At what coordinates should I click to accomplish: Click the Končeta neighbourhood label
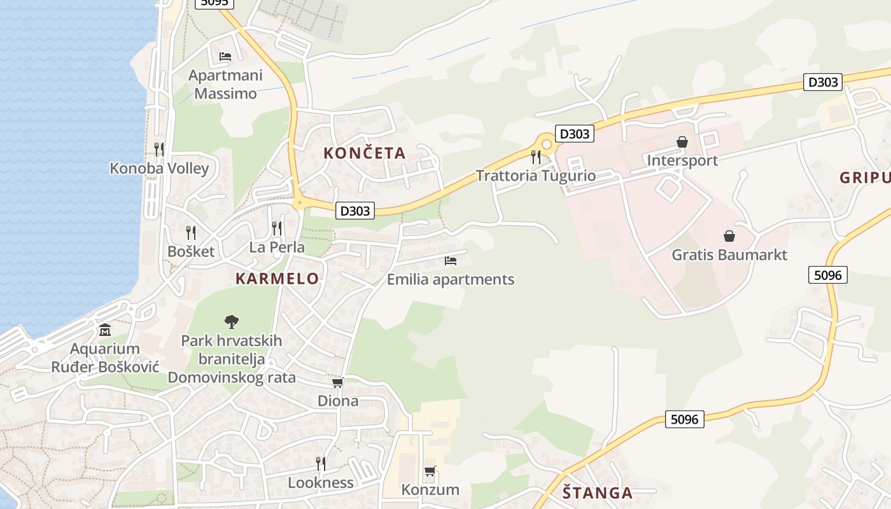click(364, 153)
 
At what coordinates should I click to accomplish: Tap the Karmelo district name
click(277, 278)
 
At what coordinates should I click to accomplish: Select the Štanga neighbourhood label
click(598, 492)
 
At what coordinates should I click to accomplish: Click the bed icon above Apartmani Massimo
click(225, 56)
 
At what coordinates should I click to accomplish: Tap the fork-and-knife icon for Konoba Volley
click(159, 149)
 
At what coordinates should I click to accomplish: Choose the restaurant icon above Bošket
click(191, 232)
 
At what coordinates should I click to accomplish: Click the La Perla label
click(277, 247)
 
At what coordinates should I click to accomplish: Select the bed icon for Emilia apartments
click(451, 260)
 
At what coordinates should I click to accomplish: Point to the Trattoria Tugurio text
click(536, 176)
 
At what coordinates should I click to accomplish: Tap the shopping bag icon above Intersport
click(682, 141)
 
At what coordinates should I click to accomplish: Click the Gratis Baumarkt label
click(729, 255)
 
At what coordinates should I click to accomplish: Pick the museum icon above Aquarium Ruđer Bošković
click(105, 330)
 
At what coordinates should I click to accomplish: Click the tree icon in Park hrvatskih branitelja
click(232, 322)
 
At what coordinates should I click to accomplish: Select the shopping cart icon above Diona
click(338, 382)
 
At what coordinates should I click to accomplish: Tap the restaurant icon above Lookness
click(321, 463)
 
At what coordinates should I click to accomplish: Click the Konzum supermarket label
click(430, 489)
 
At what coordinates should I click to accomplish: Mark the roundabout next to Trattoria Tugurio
click(545, 143)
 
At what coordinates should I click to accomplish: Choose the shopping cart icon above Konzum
click(430, 471)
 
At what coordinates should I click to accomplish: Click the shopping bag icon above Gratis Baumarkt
click(729, 236)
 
